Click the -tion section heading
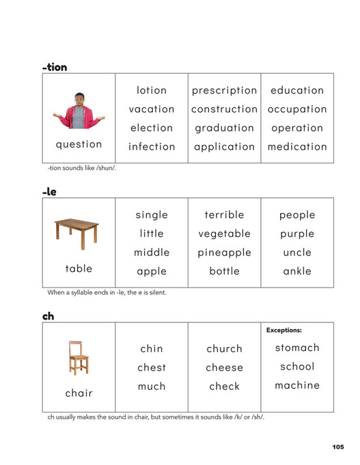[55, 67]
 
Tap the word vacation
[152, 109]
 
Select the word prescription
[224, 90]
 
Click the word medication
[297, 147]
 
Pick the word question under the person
[79, 144]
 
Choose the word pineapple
[224, 253]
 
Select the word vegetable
[224, 234]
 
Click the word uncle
[297, 253]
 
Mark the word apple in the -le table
[152, 271]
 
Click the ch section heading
[48, 317]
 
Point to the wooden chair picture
[78, 358]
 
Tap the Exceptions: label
[283, 330]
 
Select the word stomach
[297, 348]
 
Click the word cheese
[224, 367]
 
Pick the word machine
[297, 386]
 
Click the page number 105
[337, 447]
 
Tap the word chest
[152, 367]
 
